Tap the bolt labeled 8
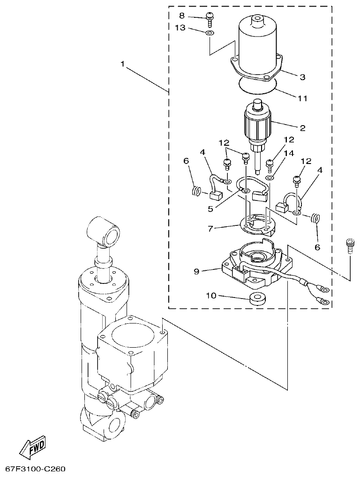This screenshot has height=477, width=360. point(210,19)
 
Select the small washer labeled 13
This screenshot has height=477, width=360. point(210,33)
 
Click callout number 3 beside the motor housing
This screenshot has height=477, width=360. point(302,77)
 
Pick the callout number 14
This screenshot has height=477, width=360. point(288,153)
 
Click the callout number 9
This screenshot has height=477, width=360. point(197,271)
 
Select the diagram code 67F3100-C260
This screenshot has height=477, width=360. point(35,469)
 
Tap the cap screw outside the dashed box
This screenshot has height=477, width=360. point(348,246)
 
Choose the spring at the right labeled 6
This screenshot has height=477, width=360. point(316,218)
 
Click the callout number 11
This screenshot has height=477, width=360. point(302,99)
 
